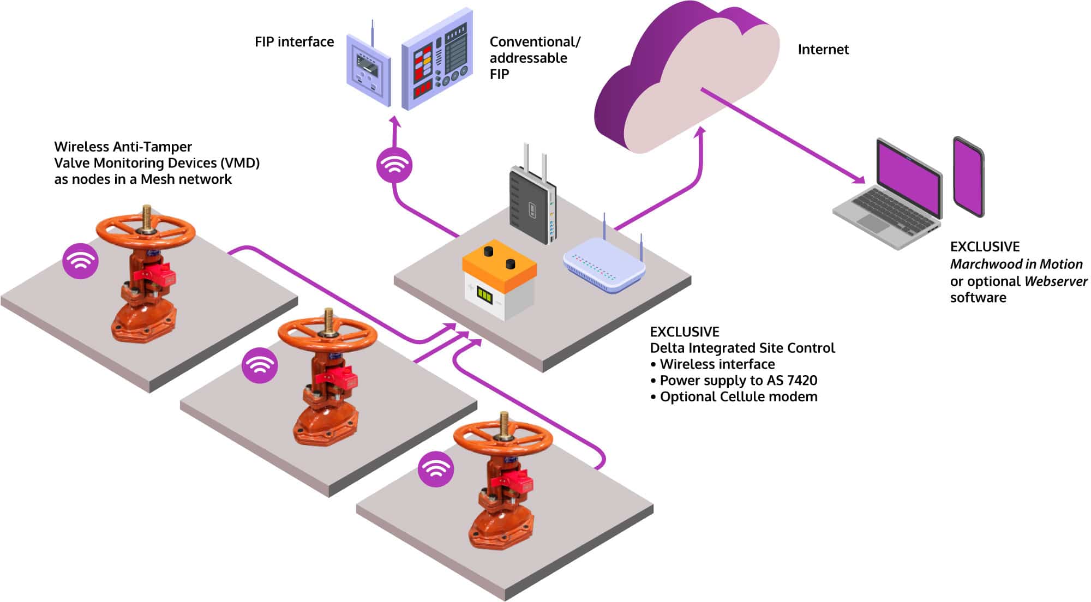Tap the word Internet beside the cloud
click(x=823, y=50)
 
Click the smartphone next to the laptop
click(x=969, y=177)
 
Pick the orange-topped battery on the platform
click(x=499, y=278)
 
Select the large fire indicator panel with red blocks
click(x=437, y=60)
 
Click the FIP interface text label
click(x=294, y=42)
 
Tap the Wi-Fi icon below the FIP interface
click(x=394, y=165)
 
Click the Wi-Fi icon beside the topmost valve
click(x=80, y=261)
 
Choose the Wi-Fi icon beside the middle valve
click(x=260, y=365)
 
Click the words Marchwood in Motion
click(x=1016, y=264)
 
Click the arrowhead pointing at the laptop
click(x=859, y=179)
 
